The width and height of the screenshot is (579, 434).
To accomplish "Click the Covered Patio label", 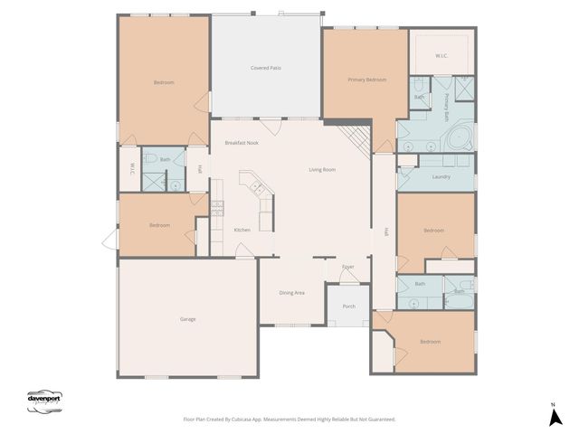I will (266, 68).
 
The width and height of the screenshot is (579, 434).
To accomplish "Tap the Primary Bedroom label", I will (367, 80).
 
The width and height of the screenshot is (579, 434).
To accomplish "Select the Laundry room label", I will (441, 176).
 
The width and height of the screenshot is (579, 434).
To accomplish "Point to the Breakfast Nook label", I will (242, 143).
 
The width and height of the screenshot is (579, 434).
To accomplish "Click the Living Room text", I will (322, 169).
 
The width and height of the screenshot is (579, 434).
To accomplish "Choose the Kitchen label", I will (242, 230).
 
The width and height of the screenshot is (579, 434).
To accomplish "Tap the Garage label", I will (188, 319).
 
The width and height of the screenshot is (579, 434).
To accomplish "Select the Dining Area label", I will (291, 292).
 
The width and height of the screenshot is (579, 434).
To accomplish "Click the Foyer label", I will (347, 267).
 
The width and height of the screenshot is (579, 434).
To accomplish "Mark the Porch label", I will (348, 307).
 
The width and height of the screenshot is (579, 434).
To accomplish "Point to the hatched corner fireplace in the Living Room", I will (356, 138).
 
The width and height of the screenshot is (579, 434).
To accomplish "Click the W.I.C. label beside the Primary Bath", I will (441, 56).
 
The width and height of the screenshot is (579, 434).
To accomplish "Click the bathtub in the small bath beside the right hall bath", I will (460, 291).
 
